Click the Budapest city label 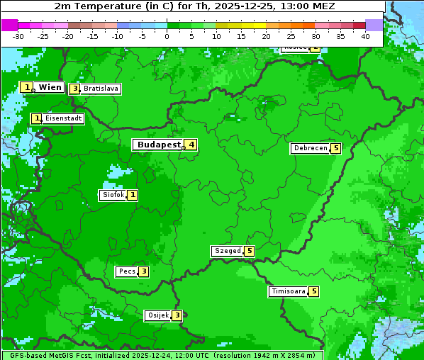158,145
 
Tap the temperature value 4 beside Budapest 190,145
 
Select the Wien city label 50,87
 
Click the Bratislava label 100,89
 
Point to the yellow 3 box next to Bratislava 74,89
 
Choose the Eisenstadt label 63,118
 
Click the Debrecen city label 310,148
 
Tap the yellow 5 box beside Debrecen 336,148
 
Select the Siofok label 113,195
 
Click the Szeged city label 227,251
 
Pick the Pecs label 127,271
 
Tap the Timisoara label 288,291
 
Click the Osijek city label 157,315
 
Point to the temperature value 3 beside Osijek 177,315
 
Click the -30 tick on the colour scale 18,35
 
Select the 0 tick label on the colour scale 167,35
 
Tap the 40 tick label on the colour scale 365,35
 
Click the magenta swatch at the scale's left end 9,25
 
